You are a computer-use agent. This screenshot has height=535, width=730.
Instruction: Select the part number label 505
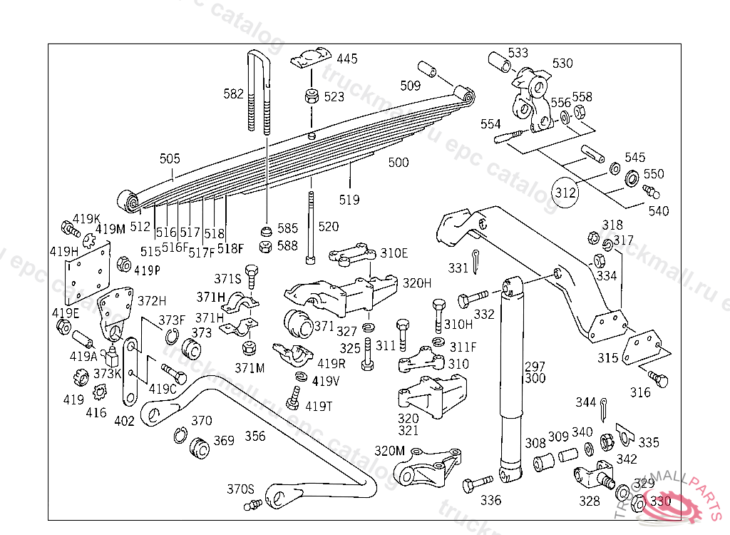170,159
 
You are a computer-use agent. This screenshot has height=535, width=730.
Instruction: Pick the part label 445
347,59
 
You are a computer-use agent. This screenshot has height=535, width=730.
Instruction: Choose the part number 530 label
562,63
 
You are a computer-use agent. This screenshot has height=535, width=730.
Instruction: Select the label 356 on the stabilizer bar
255,436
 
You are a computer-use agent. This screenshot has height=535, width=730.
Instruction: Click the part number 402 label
124,422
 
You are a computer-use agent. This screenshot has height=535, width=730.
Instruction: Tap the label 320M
389,451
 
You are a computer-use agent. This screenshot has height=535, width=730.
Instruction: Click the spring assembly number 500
399,163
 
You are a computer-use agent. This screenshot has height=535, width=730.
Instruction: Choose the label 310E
394,253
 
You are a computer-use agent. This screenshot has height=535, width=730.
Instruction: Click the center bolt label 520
329,227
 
